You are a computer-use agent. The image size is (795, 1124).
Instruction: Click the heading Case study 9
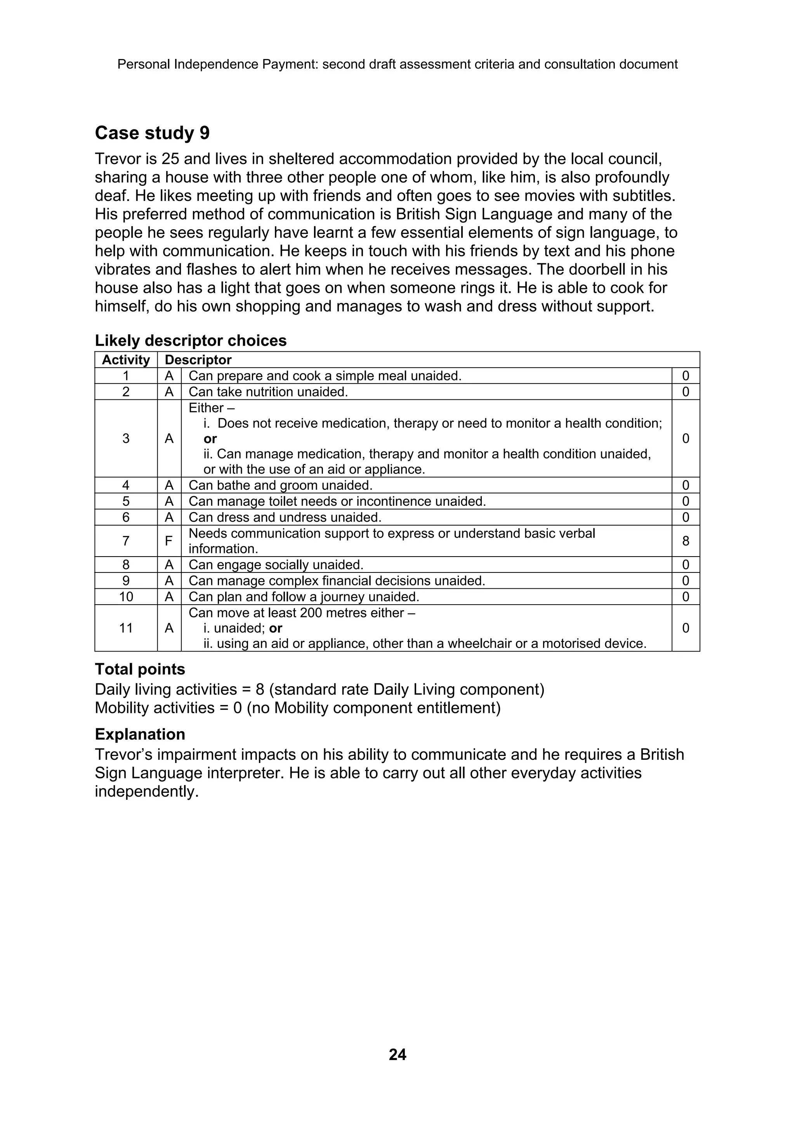(x=152, y=133)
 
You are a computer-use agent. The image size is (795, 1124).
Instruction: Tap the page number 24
(x=397, y=1054)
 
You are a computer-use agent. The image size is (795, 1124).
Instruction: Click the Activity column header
(x=126, y=360)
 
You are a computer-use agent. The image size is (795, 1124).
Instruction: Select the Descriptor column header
(x=198, y=360)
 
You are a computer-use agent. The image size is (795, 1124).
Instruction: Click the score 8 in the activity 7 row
(x=685, y=541)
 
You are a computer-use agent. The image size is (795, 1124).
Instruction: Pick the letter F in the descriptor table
(x=169, y=541)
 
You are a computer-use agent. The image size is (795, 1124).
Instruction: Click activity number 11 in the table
(x=126, y=628)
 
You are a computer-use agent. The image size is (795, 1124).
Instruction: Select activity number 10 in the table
(x=126, y=597)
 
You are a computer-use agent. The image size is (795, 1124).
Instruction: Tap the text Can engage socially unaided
(x=276, y=565)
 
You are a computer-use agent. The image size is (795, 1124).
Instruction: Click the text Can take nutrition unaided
(x=268, y=392)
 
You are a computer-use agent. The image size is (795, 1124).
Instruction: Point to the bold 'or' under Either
(x=210, y=439)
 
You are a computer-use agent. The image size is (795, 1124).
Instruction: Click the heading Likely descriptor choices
(x=191, y=341)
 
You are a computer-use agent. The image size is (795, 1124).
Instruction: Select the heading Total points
(x=140, y=669)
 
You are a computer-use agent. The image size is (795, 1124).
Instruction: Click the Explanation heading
(x=140, y=734)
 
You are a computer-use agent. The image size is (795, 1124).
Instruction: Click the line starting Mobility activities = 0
(x=297, y=708)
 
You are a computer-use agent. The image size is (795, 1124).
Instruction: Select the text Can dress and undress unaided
(x=285, y=517)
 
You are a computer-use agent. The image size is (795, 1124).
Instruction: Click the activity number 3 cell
(x=126, y=439)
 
